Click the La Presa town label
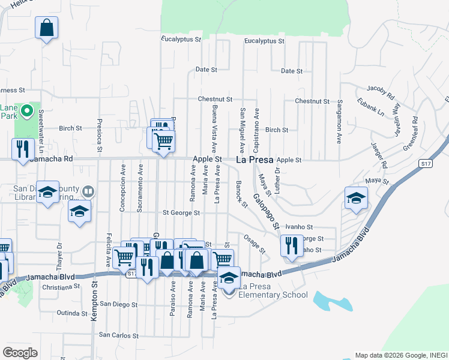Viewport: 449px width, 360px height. [254, 160]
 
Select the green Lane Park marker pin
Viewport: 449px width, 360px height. [26, 111]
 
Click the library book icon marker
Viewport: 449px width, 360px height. [88, 192]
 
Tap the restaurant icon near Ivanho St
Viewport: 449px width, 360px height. [292, 245]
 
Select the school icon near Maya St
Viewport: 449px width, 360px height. [356, 198]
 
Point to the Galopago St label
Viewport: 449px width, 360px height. [266, 212]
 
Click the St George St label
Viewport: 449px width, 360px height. [181, 212]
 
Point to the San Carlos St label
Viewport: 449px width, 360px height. [118, 335]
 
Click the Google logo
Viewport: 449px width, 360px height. [20, 353]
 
